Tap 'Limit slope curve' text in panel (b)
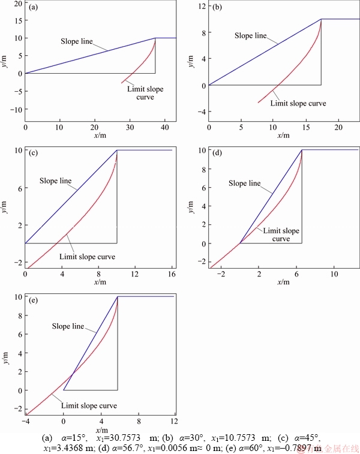tap(298, 103)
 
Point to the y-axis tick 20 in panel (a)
tap(17, 3)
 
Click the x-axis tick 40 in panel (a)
tap(164, 128)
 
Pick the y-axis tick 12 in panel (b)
tap(202, 6)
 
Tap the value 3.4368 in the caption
tap(75, 447)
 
